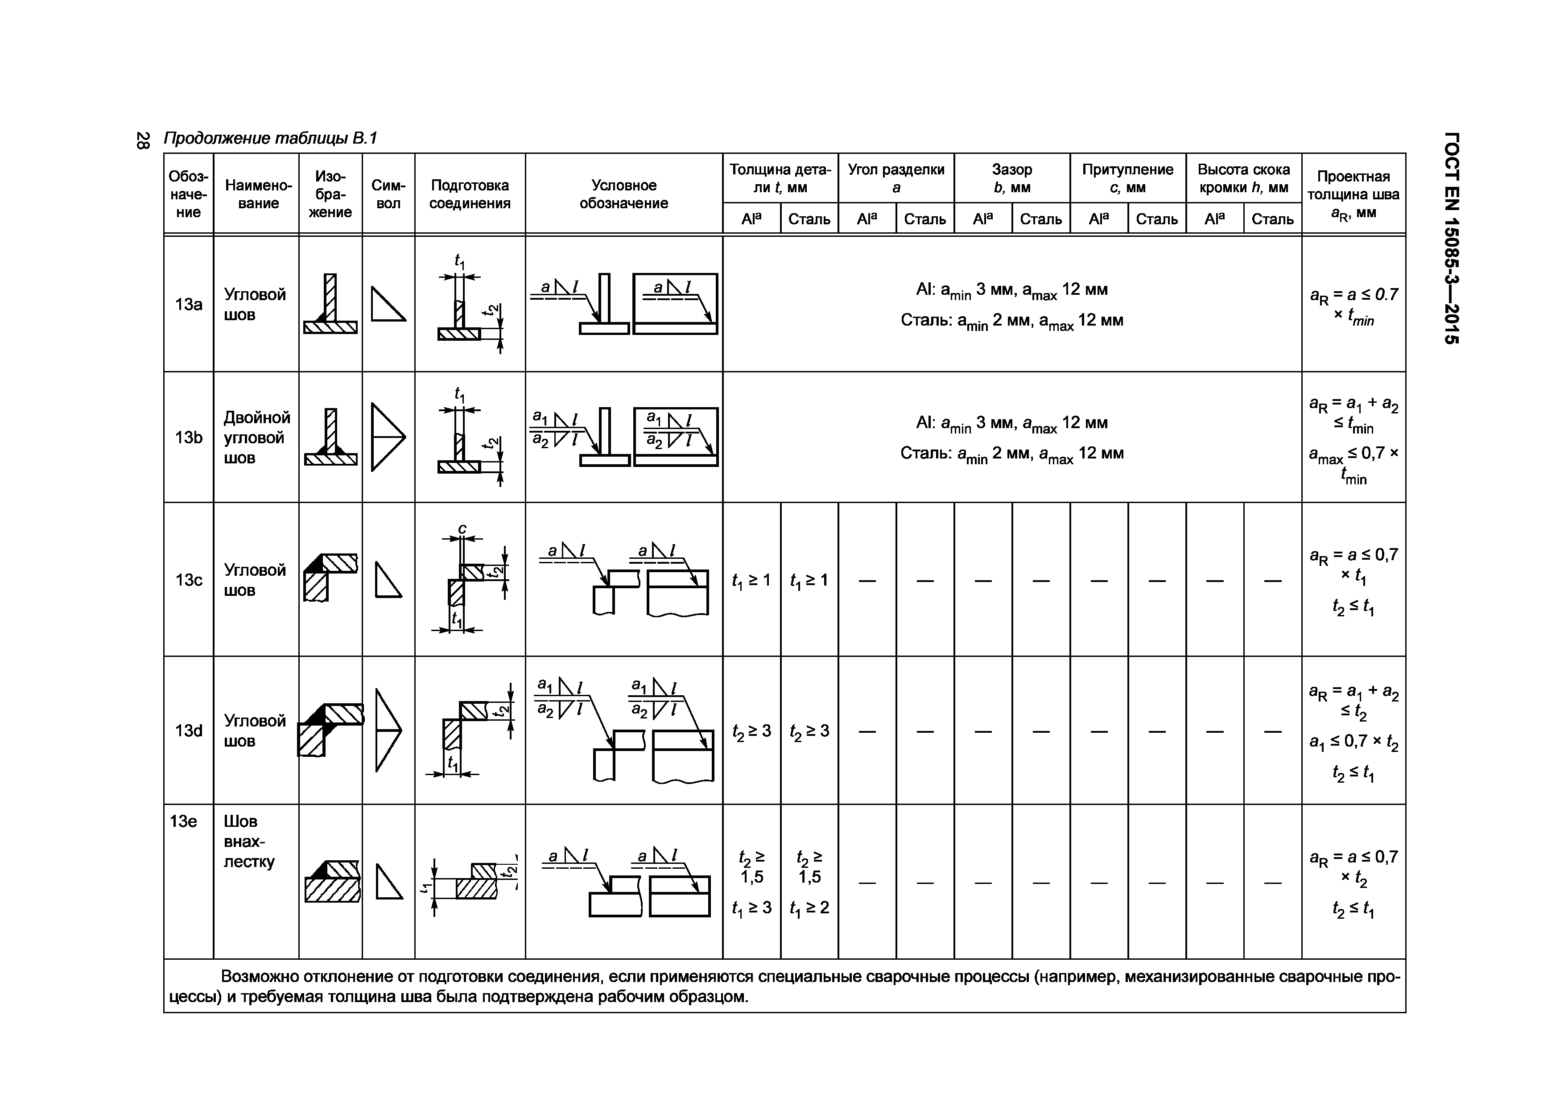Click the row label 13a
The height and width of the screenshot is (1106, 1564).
point(189,305)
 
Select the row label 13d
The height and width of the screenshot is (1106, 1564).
point(189,731)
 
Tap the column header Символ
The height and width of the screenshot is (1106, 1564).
point(388,194)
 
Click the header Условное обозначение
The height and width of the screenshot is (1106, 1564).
point(623,194)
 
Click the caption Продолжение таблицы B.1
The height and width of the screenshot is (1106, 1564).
point(270,139)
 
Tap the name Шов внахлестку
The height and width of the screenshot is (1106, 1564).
point(249,841)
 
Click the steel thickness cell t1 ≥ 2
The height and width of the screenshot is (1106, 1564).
point(809,907)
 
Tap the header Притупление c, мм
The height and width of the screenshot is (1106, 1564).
point(1127,178)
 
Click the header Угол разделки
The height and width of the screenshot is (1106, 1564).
point(896,178)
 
